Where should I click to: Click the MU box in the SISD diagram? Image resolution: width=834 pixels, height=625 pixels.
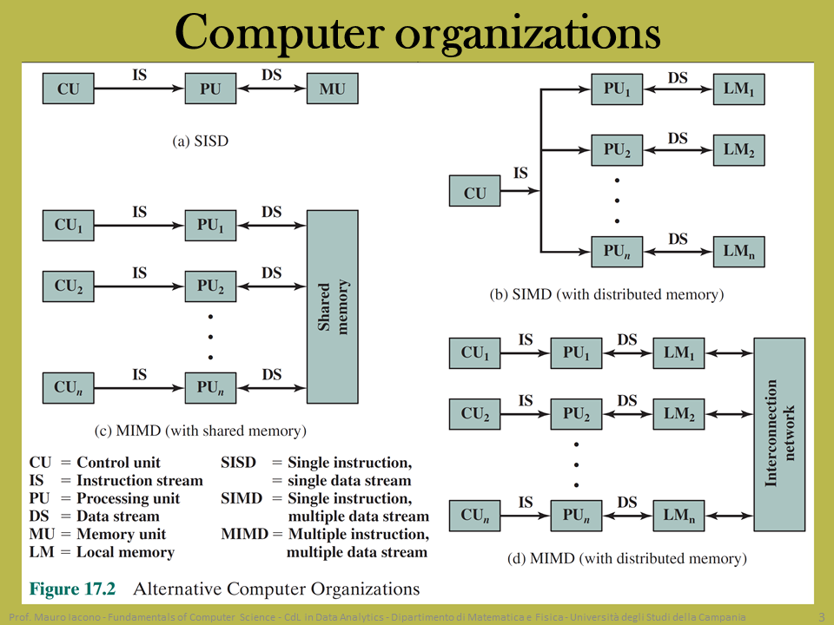tap(333, 89)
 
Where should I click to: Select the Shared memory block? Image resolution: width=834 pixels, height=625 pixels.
tap(333, 306)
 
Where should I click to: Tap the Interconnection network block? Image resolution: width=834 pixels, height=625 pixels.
tap(779, 434)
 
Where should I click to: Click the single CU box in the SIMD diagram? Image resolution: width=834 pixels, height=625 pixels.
tap(474, 191)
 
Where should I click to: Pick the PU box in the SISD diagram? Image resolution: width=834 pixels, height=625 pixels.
tap(210, 89)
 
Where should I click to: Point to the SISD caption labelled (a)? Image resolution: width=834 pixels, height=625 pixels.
tap(201, 141)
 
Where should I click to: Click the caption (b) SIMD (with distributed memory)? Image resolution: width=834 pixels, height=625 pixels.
tap(607, 294)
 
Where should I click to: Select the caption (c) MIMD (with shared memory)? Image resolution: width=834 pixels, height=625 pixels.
tap(201, 431)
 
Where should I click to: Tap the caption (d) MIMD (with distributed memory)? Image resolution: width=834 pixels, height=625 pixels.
tap(627, 558)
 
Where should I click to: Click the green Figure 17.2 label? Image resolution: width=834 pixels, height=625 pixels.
tap(72, 589)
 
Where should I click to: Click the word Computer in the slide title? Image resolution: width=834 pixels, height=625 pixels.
tap(279, 33)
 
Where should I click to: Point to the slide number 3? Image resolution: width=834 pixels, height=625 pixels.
tap(822, 616)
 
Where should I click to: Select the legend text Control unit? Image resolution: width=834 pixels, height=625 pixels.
tap(119, 463)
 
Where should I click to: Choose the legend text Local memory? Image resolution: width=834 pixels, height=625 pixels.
tap(125, 552)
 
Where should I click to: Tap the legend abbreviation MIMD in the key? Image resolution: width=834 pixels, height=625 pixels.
tap(245, 534)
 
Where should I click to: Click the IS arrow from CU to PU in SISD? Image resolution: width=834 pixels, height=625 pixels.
tap(139, 89)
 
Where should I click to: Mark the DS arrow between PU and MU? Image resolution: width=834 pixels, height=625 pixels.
tap(272, 89)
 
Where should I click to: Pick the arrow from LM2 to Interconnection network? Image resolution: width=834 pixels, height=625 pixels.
tap(729, 414)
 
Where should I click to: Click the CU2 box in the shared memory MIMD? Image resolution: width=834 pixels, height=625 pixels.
tap(69, 286)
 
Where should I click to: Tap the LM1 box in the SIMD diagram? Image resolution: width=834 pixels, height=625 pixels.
tap(738, 89)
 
